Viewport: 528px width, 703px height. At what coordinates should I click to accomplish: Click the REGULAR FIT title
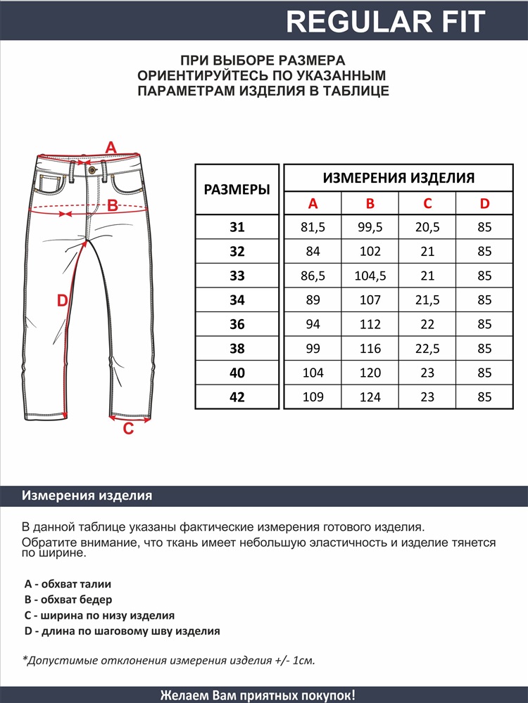point(386,22)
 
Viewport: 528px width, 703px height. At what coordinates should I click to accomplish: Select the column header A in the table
point(313,204)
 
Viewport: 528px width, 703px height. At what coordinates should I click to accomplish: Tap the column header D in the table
point(484,204)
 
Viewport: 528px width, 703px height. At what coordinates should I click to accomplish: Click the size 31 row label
point(237,227)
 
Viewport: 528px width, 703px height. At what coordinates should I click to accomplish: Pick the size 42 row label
point(237,397)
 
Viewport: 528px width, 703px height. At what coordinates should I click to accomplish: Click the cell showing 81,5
point(313,227)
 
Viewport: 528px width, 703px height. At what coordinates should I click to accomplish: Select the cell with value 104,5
point(370,276)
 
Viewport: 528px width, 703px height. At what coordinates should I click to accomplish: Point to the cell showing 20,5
point(427,227)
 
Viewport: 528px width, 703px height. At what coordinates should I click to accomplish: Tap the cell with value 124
point(370,397)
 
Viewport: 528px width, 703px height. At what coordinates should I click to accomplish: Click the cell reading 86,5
point(313,276)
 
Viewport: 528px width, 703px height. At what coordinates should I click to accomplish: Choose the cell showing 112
point(370,324)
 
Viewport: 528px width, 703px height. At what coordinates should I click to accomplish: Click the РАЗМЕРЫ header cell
point(237,190)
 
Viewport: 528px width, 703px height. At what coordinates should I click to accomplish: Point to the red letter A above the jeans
point(111,148)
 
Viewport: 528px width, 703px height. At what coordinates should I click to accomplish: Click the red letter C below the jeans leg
point(128,429)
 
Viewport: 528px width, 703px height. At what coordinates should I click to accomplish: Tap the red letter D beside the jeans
point(62,301)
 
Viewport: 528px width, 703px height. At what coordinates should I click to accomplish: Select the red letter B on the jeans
point(112,206)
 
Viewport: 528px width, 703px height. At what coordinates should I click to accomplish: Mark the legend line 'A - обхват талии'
point(68,583)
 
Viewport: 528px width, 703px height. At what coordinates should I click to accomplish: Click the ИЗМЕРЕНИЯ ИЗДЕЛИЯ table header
point(398,178)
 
